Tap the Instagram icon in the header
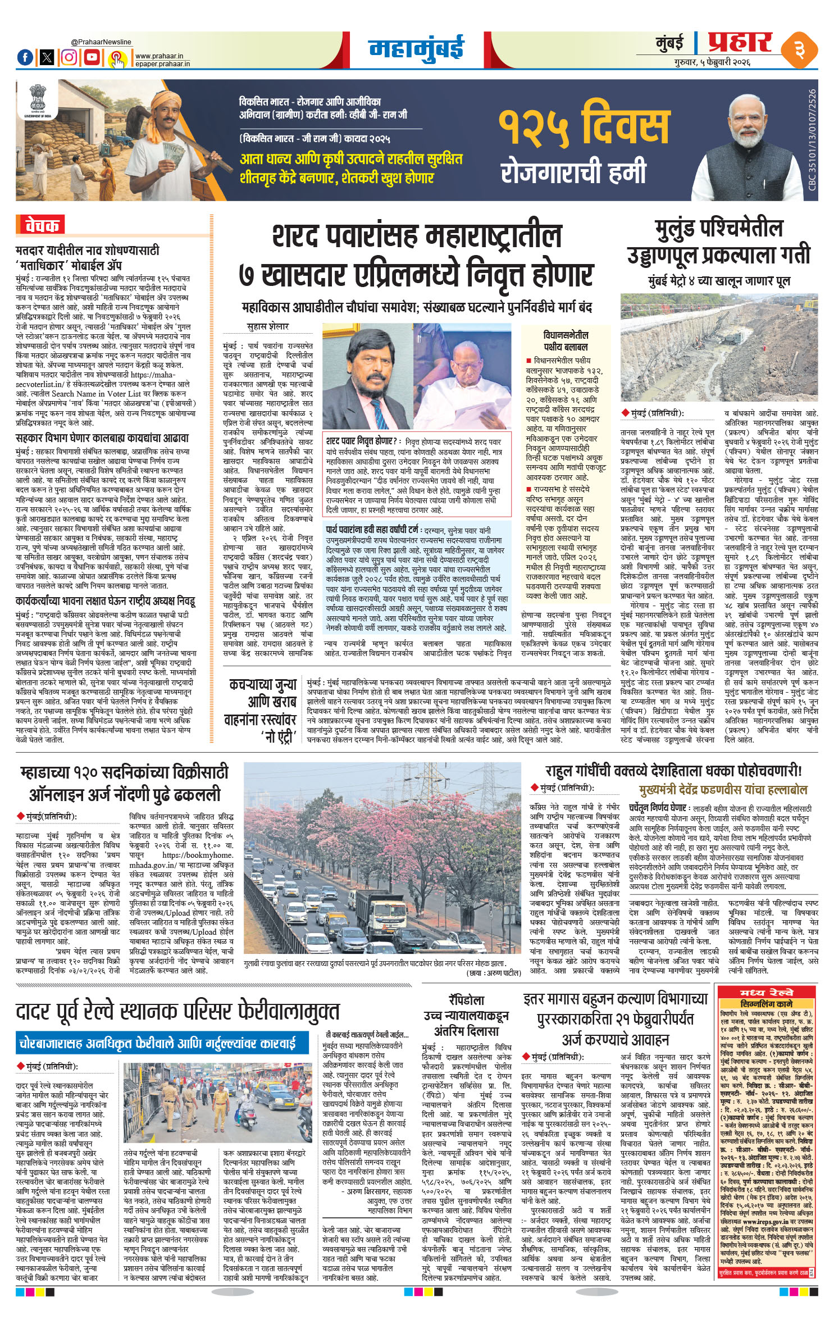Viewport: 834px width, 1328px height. [x=69, y=57]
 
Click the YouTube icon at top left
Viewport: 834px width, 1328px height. [x=92, y=57]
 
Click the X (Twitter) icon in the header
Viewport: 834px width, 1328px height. [x=48, y=57]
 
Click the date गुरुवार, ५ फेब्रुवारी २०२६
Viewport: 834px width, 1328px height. [x=713, y=62]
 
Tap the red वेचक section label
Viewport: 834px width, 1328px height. [x=40, y=225]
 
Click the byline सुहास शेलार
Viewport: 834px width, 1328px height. [x=268, y=326]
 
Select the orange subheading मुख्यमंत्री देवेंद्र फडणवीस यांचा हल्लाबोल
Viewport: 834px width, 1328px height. [x=723, y=789]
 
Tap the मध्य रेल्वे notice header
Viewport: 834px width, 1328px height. [x=765, y=992]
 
